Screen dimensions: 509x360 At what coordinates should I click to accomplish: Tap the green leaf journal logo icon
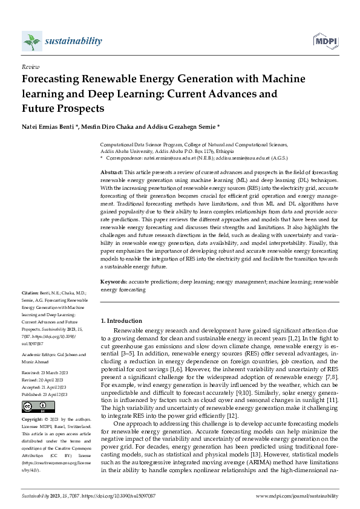click(31, 41)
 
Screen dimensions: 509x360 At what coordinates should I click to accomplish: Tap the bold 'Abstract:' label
click(111, 173)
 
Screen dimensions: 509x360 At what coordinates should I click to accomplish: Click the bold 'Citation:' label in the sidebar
click(31, 292)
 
